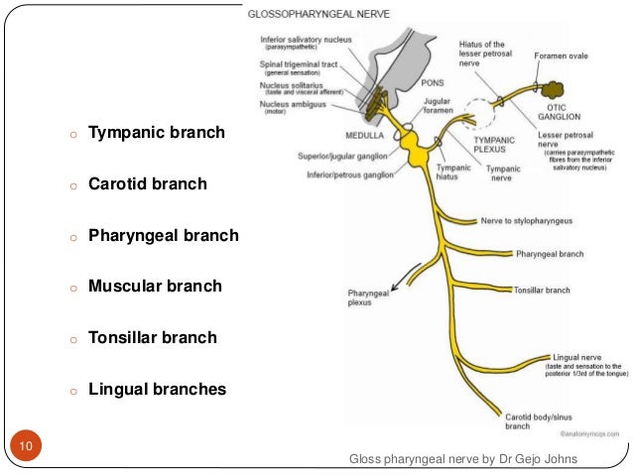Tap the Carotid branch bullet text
147,183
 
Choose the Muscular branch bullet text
155,287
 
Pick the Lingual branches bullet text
157,390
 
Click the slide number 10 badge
25,448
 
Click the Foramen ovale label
563,57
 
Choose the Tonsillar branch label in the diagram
543,291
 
